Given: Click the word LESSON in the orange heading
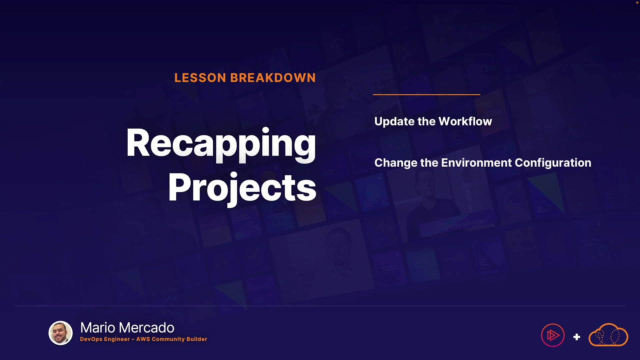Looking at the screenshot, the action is point(200,78).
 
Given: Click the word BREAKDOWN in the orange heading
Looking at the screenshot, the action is point(273,78).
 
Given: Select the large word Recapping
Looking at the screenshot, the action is point(221,144).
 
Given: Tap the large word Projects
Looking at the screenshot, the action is point(242,188).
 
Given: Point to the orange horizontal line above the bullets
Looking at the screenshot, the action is point(426,95).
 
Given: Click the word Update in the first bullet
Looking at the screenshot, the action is point(394,122).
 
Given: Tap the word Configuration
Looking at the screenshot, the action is point(553,163).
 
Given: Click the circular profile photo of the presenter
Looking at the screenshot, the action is point(61,333).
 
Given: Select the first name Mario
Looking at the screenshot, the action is point(98,328).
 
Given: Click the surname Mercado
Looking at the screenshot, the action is point(146,328).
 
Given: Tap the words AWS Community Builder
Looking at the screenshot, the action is point(172,339).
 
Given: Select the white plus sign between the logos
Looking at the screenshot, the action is point(577,337).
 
